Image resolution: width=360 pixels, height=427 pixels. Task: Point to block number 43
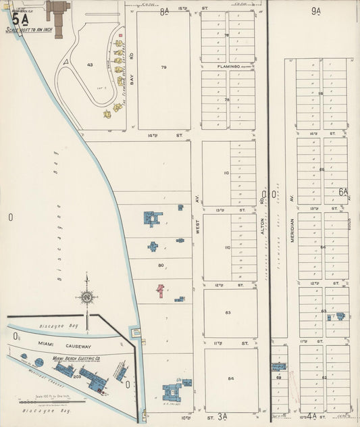coord(89,65)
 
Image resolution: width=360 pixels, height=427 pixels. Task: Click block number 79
coord(163,68)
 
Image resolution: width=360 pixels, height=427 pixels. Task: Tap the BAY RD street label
coord(132,64)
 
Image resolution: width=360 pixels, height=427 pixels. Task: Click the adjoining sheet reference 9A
coord(316,10)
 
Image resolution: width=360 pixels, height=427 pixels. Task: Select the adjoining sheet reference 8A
coord(165,11)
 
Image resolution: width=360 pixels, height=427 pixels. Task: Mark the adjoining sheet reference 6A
coord(343,192)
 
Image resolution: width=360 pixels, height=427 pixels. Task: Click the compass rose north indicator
coord(86,296)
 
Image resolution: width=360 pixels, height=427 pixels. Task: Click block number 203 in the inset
coord(77,376)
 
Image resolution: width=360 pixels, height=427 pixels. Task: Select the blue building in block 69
coord(279,367)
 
